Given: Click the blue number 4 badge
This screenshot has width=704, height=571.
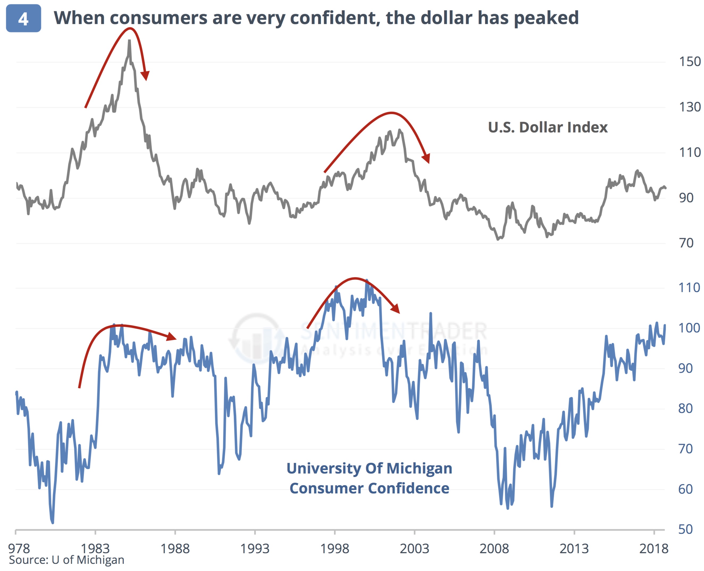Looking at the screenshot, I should [23, 18].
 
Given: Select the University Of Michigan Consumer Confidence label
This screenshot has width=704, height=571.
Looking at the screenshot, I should [369, 478].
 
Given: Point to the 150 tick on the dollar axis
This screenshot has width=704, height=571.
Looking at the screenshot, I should [690, 62].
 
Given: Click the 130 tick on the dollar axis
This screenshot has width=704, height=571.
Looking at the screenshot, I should [690, 107].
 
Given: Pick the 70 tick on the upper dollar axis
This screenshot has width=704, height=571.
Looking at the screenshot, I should [686, 243].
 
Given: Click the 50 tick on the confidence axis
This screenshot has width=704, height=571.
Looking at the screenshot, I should [686, 529].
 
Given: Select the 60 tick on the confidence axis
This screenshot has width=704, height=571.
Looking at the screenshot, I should [686, 489].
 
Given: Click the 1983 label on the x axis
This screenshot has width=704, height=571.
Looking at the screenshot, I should [95, 548].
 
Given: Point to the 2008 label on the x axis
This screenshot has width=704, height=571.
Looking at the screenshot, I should [494, 548].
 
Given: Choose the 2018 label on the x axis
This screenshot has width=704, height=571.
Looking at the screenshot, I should [654, 548].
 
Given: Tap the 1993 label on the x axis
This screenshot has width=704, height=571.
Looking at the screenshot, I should [254, 548].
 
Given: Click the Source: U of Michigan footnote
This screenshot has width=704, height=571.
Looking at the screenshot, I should [66, 560].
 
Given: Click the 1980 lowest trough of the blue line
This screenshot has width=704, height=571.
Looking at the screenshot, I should [53, 522].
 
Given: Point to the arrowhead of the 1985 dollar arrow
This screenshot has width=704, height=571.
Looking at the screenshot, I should [145, 76].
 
